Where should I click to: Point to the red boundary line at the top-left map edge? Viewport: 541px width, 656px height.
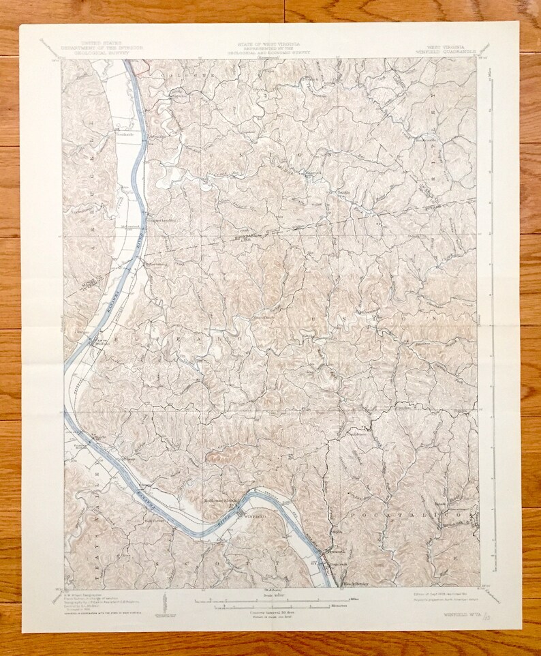tap(139, 65)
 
